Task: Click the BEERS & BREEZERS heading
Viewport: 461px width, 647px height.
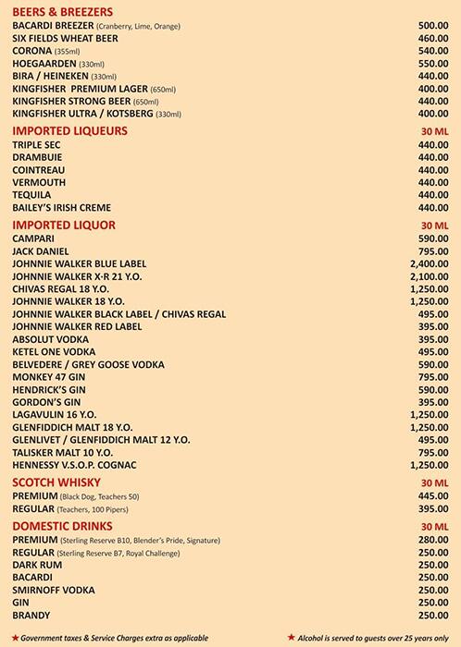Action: point(62,10)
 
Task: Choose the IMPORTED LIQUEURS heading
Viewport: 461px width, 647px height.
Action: point(69,131)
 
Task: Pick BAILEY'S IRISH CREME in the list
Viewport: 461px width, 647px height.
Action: point(61,208)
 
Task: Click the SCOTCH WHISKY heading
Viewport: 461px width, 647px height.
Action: point(58,482)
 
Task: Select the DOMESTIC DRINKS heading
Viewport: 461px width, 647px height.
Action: point(64,526)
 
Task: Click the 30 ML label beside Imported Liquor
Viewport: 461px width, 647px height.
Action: point(434,225)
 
